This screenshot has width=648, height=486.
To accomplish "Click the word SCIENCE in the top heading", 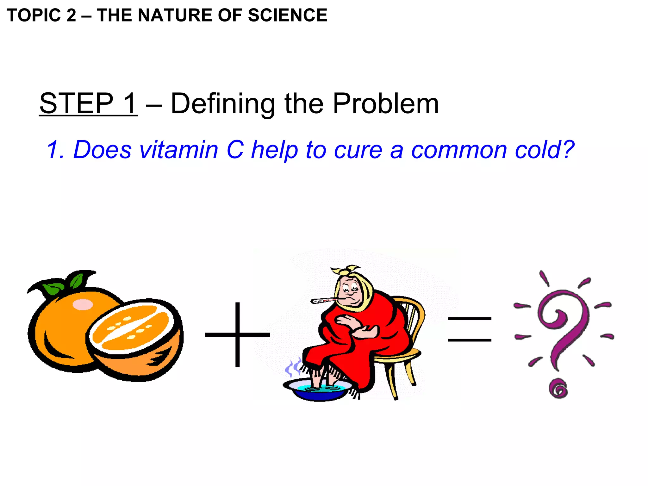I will tap(287, 15).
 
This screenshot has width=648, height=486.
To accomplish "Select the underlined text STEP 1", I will tap(88, 103).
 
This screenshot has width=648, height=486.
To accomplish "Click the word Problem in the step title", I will tap(386, 103).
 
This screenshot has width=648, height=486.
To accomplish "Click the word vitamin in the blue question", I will tap(179, 149).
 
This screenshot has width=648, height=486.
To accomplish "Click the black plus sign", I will tap(238, 334).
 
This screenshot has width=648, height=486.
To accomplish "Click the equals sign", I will tap(470, 329).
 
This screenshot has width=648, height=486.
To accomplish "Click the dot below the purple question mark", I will tap(558, 389).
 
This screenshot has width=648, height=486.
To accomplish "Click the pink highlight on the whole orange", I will tap(83, 304).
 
